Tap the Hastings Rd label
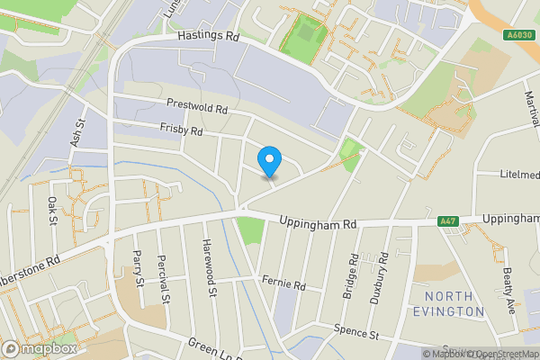208,38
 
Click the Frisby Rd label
182,130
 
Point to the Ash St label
76,134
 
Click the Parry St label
139,268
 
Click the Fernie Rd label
284,283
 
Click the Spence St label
355,333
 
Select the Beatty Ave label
508,289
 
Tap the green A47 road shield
447,221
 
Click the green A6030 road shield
515,35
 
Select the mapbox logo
40,347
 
